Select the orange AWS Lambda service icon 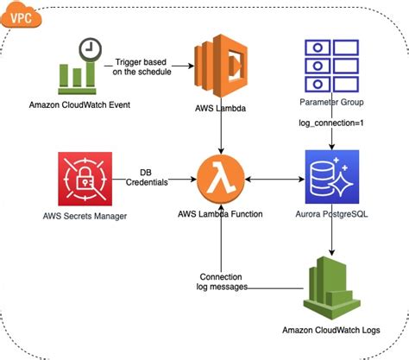(223, 63)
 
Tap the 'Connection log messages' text (223, 280)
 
